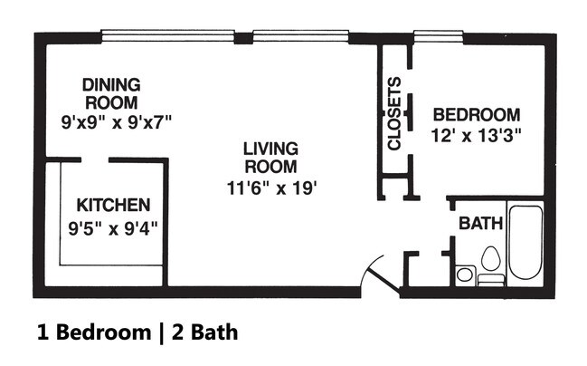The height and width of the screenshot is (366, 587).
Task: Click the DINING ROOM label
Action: [x=111, y=93]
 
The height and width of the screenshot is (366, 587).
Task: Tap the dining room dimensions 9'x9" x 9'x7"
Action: [x=117, y=122]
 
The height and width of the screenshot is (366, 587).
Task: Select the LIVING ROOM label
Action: [x=270, y=158]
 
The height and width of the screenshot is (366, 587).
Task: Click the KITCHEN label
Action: [x=113, y=205]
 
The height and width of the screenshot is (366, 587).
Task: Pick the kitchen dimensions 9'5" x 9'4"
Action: [x=113, y=228]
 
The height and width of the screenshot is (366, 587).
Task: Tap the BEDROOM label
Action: [x=477, y=115]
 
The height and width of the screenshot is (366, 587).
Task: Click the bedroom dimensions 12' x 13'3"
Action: [x=476, y=136]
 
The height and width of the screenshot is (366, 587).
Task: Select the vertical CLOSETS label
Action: [x=394, y=113]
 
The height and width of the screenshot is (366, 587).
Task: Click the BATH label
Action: [x=480, y=224]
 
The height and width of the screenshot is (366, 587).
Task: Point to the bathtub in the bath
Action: [x=525, y=242]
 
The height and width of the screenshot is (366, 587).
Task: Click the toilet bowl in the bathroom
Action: [x=491, y=258]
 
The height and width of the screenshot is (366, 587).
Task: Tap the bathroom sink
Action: [x=465, y=274]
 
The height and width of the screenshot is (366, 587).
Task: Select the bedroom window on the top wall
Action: [x=439, y=34]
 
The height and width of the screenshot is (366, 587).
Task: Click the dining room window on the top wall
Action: [x=167, y=34]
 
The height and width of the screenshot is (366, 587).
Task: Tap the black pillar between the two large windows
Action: [x=243, y=38]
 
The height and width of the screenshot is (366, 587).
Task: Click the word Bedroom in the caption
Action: [x=104, y=332]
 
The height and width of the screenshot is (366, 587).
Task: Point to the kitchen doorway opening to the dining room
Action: [x=95, y=160]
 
